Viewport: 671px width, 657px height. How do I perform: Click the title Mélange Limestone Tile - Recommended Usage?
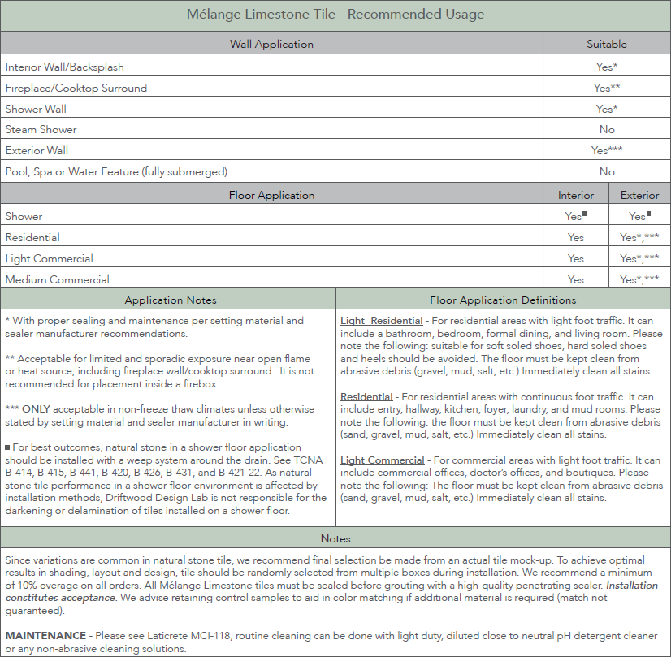pyautogui.click(x=335, y=15)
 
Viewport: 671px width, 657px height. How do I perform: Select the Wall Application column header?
pyautogui.click(x=271, y=44)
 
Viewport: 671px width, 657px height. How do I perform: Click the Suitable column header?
pyautogui.click(x=607, y=44)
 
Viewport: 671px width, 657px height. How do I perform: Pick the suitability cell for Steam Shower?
pyautogui.click(x=607, y=129)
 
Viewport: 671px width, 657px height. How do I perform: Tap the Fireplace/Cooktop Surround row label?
pyautogui.click(x=65, y=88)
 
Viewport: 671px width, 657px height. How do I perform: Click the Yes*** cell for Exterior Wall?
pyautogui.click(x=607, y=150)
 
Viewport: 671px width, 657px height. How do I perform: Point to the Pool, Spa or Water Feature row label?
pyautogui.click(x=116, y=171)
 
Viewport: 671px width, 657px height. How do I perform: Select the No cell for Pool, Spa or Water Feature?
pyautogui.click(x=607, y=171)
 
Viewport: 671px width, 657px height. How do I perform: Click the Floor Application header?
pyautogui.click(x=271, y=195)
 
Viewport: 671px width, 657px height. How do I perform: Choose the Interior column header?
pyautogui.click(x=576, y=195)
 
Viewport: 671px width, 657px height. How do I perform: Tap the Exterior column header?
pyautogui.click(x=639, y=195)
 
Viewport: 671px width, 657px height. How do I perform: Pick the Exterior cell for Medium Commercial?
pyautogui.click(x=639, y=279)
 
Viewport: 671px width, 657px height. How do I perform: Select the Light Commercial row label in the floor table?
pyautogui.click(x=49, y=258)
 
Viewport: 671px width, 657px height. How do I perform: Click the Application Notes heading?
pyautogui.click(x=171, y=300)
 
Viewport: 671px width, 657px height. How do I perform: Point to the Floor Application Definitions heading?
pyautogui.click(x=503, y=300)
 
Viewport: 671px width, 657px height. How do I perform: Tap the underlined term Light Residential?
pyautogui.click(x=381, y=321)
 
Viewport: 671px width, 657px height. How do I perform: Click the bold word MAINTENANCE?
pyautogui.click(x=45, y=634)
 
